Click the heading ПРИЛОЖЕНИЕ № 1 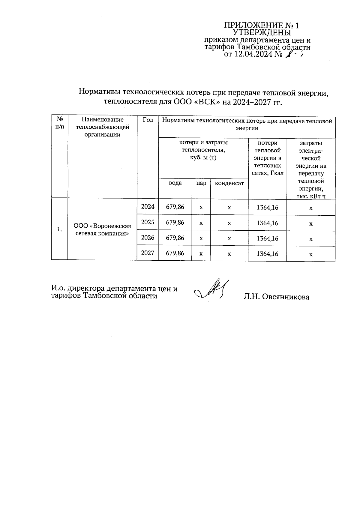coord(262,25)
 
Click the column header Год coord(148,120)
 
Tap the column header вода coord(175,183)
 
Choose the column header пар coord(201,183)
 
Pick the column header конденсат coord(229,183)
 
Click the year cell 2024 coord(148,207)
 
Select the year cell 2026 coord(148,238)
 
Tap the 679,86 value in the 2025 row coord(175,223)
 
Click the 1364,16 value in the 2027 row coord(267,254)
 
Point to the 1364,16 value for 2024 coord(267,207)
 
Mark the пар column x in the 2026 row coord(201,238)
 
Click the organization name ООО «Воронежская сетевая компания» coord(102,230)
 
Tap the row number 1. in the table coord(60,229)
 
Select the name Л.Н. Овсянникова coord(276,297)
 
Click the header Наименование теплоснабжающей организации coord(102,127)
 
